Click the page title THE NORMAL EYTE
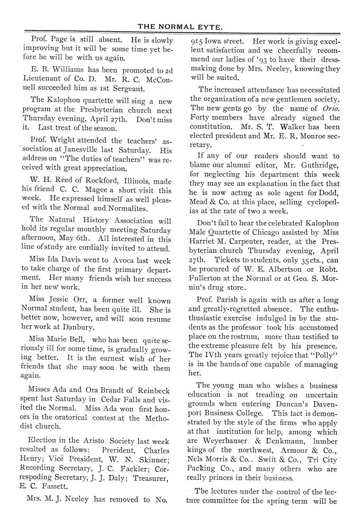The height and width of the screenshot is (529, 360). [x=179, y=25]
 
